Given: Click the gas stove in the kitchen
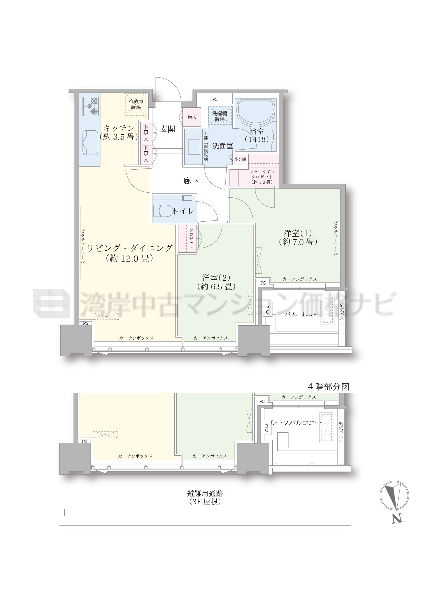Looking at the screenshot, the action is coord(91,106).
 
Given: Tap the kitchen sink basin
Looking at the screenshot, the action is coord(91,143).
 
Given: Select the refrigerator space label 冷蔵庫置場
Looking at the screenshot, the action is coord(136,104).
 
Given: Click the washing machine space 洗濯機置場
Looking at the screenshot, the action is coord(220,116).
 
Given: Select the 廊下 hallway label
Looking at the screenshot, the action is coord(191,181).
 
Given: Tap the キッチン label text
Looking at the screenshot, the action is coord(119,128).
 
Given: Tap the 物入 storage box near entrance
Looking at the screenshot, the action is coord(192,117).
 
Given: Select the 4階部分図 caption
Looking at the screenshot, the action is coord(328,386).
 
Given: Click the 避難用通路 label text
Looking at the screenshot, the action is coord(205,494).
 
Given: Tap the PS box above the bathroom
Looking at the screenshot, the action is coord(215,99).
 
